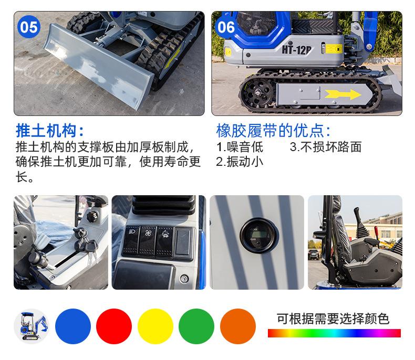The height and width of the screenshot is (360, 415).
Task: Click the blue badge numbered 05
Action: coord(28,26)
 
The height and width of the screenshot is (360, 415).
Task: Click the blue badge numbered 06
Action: coord(226,26)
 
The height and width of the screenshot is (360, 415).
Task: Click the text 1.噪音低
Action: coord(240,147)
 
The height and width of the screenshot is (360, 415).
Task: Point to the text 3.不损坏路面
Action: coord(326,147)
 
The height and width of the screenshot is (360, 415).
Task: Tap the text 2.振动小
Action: coord(240,162)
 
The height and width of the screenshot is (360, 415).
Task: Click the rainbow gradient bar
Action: coord(334,333)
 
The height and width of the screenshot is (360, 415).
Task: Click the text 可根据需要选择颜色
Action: coord(334,319)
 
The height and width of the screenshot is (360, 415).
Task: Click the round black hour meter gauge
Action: coord(256,234)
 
